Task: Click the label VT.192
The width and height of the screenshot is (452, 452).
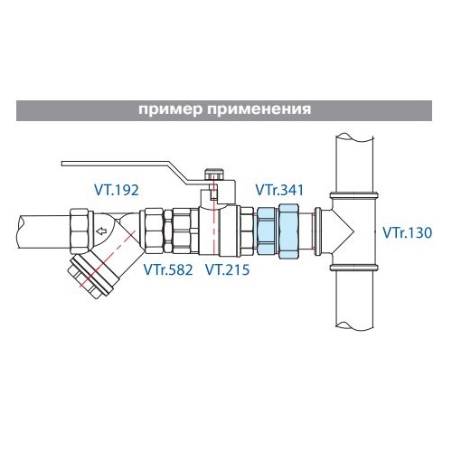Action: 117,190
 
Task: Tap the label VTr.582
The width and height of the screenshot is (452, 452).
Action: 168,269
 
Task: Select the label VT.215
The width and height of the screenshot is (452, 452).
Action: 228,269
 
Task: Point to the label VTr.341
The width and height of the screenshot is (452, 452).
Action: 279,190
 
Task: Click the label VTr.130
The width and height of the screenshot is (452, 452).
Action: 407,232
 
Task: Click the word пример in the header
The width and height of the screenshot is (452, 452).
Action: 171,109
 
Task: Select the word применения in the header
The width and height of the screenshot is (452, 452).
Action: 259,109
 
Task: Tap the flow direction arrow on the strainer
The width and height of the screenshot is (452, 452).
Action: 101,231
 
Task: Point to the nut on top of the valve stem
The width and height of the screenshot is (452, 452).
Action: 213,174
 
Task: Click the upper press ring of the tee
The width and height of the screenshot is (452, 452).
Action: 354,195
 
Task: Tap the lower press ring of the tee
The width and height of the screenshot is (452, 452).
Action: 354,268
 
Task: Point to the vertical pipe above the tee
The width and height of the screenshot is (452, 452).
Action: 354,164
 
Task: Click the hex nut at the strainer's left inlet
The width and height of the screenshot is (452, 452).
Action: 81,231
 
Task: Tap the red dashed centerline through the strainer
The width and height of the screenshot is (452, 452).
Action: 107,259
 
